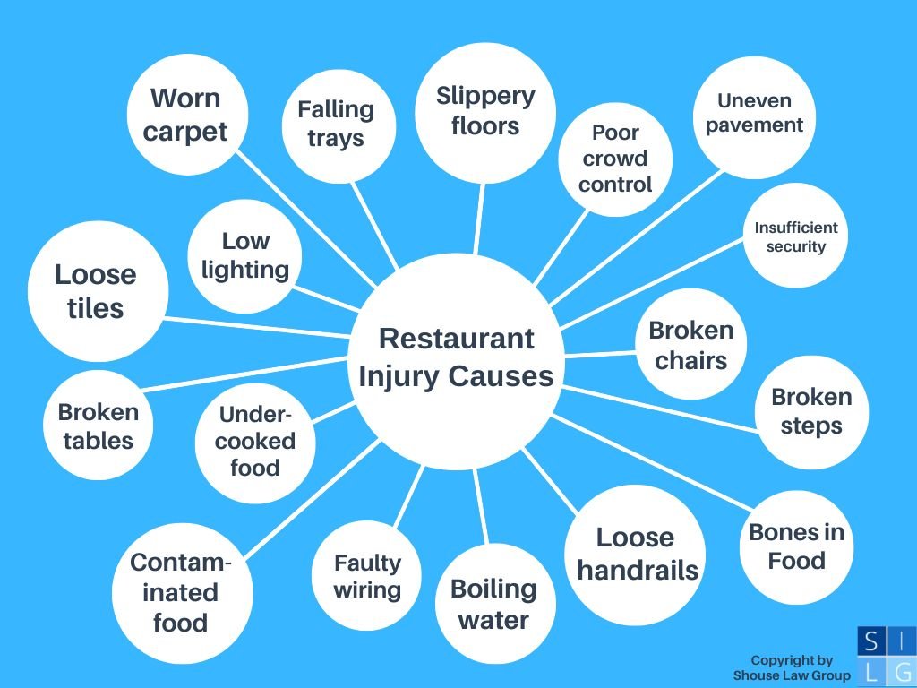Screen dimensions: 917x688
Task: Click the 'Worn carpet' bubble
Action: tap(187, 115)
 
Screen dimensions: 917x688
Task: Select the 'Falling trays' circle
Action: tap(339, 125)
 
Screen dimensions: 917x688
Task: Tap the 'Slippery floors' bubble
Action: tap(484, 113)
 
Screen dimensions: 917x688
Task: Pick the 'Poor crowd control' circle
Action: tap(615, 159)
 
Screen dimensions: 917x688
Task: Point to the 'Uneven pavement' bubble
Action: tap(754, 117)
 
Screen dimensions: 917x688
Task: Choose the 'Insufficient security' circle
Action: tap(795, 236)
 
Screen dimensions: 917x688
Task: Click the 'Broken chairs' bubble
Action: tap(690, 344)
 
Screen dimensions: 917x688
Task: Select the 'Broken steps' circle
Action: tap(811, 412)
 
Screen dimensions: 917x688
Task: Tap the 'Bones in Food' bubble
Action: tap(796, 547)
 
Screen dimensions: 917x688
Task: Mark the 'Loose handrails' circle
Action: tap(635, 555)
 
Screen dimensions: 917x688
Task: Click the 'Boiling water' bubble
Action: tap(494, 603)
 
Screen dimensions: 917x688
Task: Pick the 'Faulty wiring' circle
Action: tap(366, 576)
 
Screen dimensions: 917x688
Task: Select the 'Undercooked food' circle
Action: tap(255, 443)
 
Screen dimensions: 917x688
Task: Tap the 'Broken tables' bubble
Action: tap(99, 426)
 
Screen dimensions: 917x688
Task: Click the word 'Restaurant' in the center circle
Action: tap(456, 339)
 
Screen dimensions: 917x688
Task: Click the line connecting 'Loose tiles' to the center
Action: tap(257, 328)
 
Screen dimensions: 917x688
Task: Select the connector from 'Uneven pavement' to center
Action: tap(637, 238)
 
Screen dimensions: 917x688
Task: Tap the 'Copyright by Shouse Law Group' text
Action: tap(792, 667)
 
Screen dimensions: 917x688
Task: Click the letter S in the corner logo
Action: tap(870, 641)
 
